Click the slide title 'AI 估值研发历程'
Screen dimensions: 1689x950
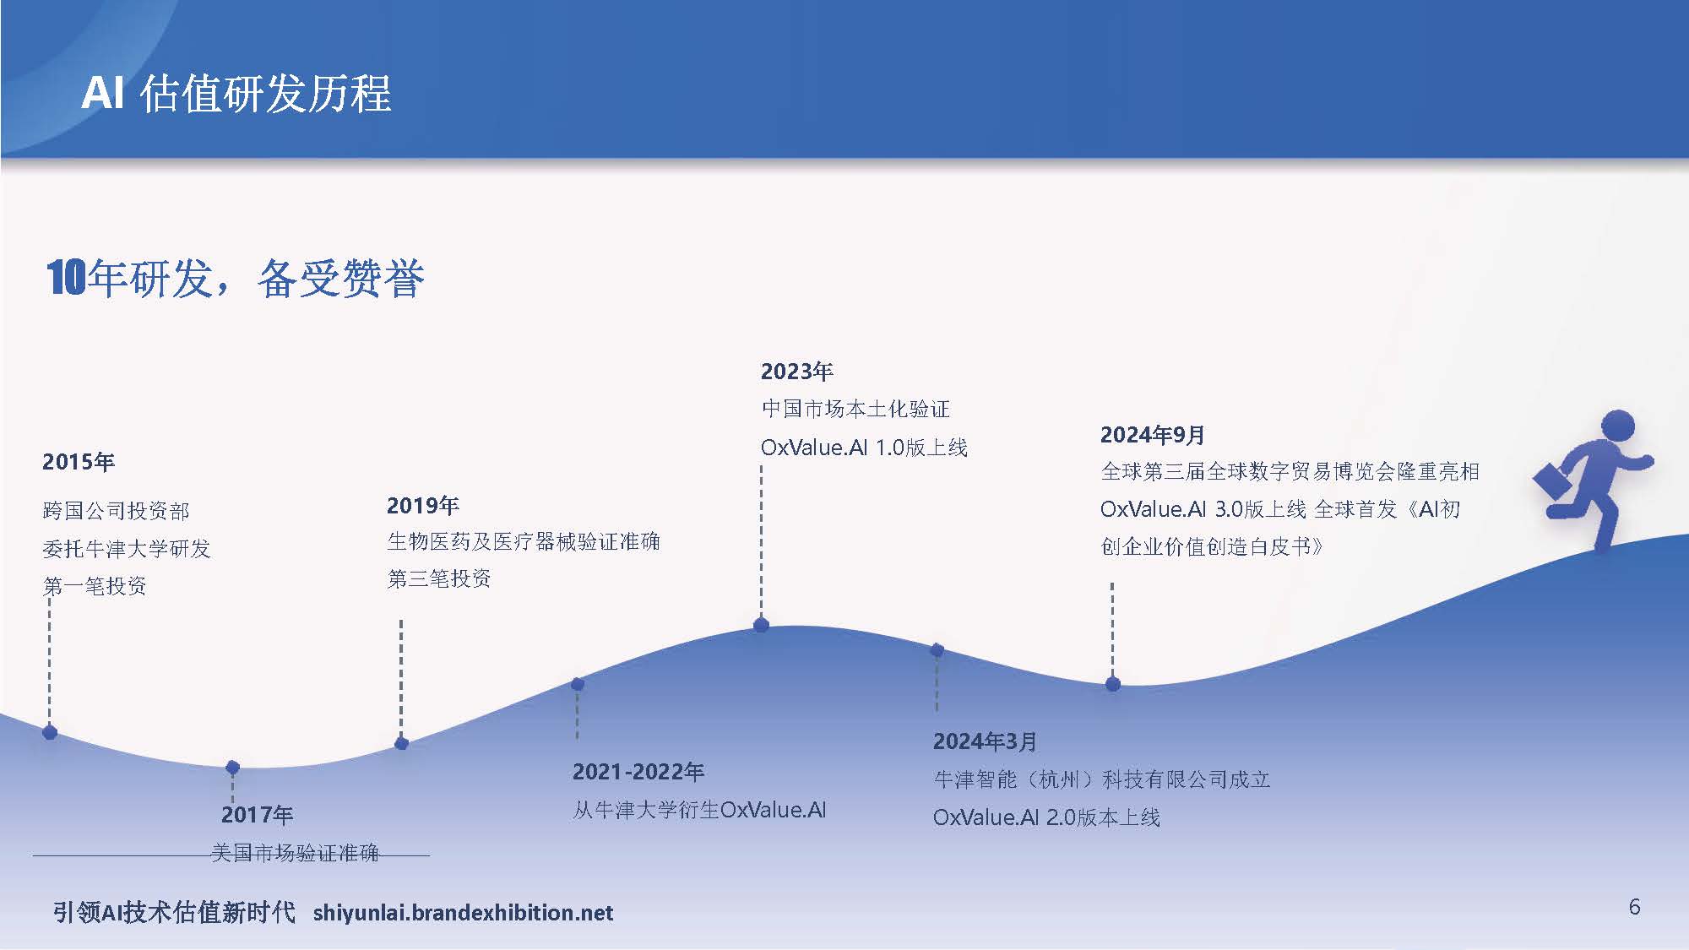[x=236, y=93]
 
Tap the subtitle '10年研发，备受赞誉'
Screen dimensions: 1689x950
[x=236, y=278]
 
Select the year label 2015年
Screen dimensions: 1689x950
[x=79, y=462]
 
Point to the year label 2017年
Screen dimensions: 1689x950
[x=258, y=815]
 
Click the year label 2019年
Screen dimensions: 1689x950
[x=423, y=506]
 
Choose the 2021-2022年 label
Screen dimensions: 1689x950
[x=638, y=772]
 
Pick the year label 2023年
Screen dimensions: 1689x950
[x=797, y=372]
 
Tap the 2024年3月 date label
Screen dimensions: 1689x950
[x=986, y=741]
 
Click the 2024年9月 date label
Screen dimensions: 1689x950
[x=1153, y=435]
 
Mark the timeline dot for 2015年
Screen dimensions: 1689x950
[x=50, y=732]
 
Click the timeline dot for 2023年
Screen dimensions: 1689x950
[x=761, y=625]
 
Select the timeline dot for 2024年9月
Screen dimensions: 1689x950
[x=1113, y=684]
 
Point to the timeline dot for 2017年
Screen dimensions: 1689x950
[x=233, y=767]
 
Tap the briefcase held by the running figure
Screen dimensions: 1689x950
[x=1552, y=481]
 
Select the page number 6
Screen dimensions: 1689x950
[x=1634, y=907]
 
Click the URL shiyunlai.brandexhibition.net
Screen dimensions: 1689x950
[x=463, y=913]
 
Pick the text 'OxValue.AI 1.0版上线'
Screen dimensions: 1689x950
[x=864, y=448]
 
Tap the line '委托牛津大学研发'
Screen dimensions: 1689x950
[x=127, y=549]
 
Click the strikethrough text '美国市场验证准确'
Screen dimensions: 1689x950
[x=296, y=853]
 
